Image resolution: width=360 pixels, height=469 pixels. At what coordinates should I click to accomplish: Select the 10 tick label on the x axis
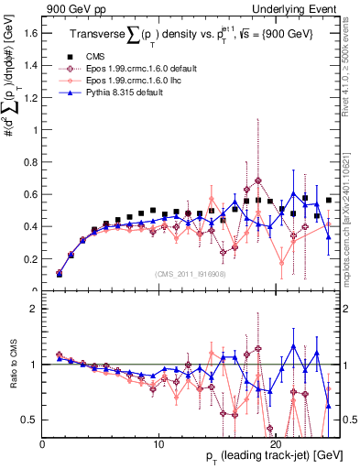pos(159,444)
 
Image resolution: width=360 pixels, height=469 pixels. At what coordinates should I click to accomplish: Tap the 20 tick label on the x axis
pos(278,444)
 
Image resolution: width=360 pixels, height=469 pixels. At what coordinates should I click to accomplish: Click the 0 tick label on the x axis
pos(43,444)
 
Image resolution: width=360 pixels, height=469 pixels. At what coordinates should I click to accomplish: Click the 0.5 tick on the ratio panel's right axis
pos(349,420)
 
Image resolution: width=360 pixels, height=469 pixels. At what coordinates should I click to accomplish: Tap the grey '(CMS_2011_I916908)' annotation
pos(190,272)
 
